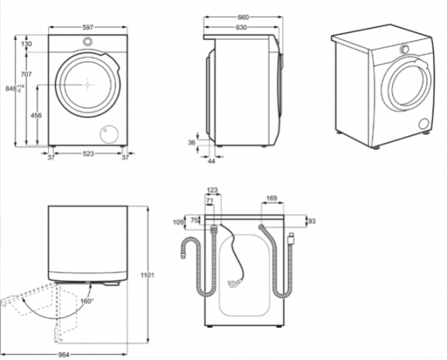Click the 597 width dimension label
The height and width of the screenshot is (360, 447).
(x=88, y=27)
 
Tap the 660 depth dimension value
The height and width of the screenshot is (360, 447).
(x=243, y=17)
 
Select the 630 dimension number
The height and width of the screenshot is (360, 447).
(x=241, y=27)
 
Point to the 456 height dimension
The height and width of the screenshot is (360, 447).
(x=36, y=116)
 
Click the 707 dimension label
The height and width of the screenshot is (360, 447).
(x=26, y=75)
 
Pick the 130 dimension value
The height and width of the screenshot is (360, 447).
(x=26, y=44)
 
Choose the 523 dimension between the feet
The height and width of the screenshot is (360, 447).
(x=88, y=154)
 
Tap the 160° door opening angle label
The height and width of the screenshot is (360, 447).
(x=86, y=301)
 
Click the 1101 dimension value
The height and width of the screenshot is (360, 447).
(x=148, y=275)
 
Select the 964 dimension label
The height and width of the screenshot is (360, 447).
(x=64, y=355)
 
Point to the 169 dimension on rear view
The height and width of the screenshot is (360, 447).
(x=271, y=198)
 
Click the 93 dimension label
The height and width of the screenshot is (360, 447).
(x=312, y=221)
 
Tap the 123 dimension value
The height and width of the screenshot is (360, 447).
(x=212, y=190)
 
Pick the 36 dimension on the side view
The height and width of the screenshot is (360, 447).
(x=191, y=142)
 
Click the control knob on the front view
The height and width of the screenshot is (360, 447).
(x=88, y=41)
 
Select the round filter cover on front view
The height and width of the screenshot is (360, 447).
(x=109, y=134)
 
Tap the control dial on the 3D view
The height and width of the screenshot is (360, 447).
(x=404, y=49)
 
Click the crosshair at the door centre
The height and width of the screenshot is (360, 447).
(x=88, y=85)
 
